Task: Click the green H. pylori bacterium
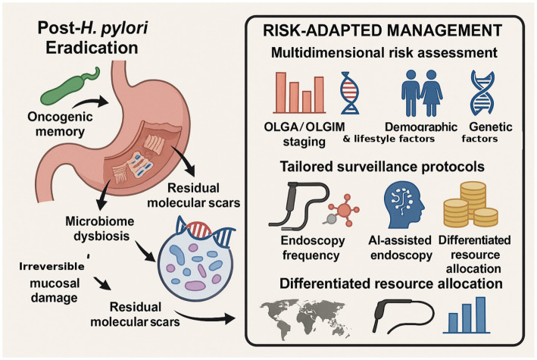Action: coord(67,88)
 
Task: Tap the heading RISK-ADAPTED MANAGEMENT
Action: coord(382,30)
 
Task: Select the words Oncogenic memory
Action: coord(60,124)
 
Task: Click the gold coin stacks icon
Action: coord(471,205)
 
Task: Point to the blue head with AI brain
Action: coord(404,205)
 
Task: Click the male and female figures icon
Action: coord(422,93)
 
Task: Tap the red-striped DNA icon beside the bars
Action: coord(350,93)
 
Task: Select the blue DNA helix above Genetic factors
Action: coord(482,93)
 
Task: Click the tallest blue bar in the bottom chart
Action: coord(480,315)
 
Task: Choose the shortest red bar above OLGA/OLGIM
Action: coord(307,102)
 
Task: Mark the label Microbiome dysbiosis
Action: coord(100,228)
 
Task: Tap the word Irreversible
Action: coord(52,267)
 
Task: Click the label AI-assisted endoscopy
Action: coord(401,248)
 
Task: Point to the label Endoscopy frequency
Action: coord(312,248)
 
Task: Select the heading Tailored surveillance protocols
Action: coord(382,167)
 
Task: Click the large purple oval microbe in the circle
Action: coord(195,286)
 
